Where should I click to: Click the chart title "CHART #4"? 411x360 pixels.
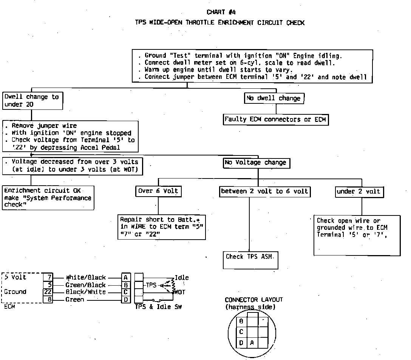pos(222,12)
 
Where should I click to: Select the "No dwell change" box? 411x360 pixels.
pos(274,98)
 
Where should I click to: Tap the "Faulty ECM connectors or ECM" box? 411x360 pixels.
pos(275,120)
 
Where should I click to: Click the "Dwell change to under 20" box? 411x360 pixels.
pos(32,101)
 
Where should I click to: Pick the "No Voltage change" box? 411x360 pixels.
pos(256,163)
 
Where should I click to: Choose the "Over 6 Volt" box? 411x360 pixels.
pos(158,191)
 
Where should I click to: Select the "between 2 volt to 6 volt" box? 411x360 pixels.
pos(264,191)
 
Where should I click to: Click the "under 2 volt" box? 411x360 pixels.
pos(359,192)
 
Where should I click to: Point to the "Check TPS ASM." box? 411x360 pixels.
pos(250,257)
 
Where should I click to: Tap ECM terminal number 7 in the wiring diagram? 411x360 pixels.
pos(48,277)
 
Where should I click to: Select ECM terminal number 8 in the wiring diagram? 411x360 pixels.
pos(48,300)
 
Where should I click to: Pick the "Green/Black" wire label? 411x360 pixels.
pos(85,285)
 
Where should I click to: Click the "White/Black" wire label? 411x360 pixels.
pos(86,277)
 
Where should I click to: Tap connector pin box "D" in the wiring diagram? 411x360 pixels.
pos(126,300)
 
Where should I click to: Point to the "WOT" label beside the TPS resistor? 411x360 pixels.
pos(179,292)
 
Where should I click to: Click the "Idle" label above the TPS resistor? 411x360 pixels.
pos(182,278)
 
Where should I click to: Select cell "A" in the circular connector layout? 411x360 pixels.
pos(252,343)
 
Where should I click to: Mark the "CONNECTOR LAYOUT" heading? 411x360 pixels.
pos(253,300)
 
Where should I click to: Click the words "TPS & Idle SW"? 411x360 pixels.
pos(158,307)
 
